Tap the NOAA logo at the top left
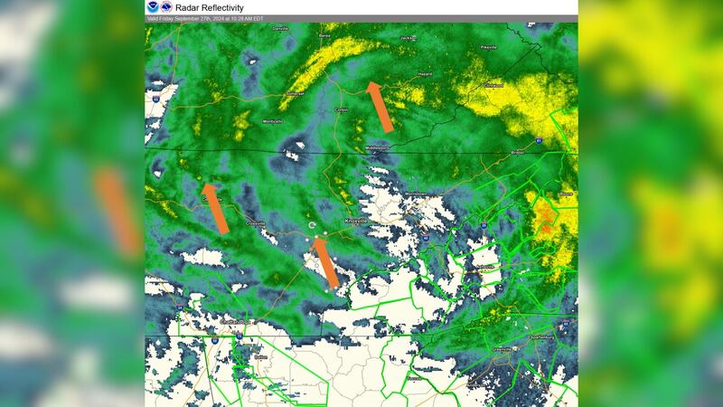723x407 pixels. point(152,7)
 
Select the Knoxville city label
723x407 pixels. point(356,220)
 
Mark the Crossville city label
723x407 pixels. point(256,222)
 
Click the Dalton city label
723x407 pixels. point(261,357)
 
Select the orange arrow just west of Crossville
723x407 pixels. point(215,209)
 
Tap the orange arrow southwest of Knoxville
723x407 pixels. point(325,262)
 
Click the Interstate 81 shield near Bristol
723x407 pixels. point(539,143)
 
